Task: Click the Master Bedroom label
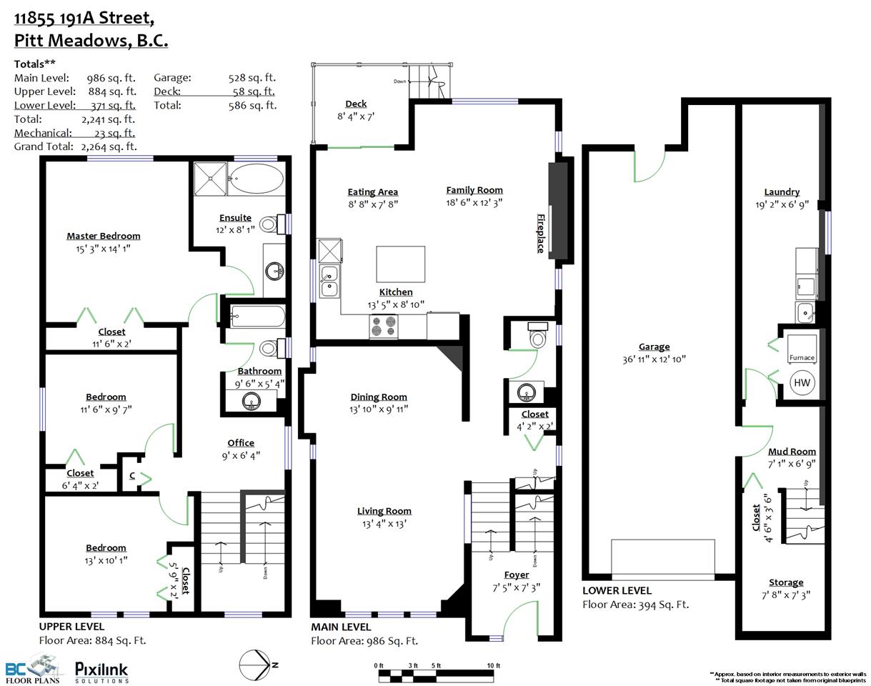103,236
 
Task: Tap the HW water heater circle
802,382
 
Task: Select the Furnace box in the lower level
802,348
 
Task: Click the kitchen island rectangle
400,264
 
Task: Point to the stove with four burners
383,327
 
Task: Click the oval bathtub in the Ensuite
257,179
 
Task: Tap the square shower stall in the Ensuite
210,179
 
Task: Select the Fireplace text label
540,234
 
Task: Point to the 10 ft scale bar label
494,665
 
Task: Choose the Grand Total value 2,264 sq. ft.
109,146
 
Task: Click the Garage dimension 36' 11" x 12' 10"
654,359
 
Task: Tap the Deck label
356,104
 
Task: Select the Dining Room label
379,397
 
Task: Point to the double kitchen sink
329,282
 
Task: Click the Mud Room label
792,452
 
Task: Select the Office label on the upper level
241,443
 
